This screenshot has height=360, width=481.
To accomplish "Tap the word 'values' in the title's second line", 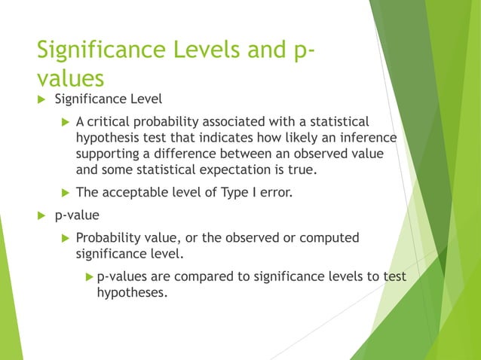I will coord(70,78).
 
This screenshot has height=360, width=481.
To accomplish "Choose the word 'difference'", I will coord(204,154).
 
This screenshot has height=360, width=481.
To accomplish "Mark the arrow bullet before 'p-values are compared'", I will coord(89,276).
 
